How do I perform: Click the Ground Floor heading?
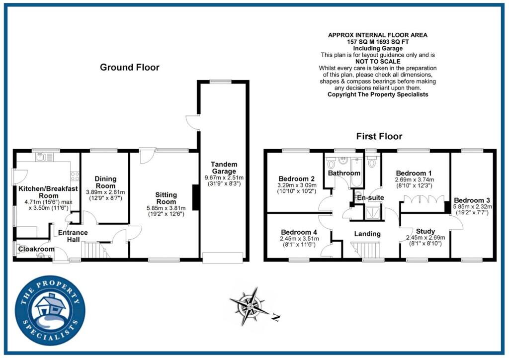130,67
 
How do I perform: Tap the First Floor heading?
379,136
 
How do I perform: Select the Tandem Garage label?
224,168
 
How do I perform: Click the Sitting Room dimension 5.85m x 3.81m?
166,208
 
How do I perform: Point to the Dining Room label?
105,182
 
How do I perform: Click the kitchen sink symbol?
44,157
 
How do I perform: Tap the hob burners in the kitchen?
75,176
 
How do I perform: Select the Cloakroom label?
36,249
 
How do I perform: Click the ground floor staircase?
94,250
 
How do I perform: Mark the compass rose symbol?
250,306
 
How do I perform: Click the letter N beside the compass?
276,317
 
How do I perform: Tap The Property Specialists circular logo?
50,310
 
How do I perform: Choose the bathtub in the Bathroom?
356,173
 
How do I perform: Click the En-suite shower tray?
372,213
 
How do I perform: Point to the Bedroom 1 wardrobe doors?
424,199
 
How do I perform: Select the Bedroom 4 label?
299,232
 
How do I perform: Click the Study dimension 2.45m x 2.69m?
425,238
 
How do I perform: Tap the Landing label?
367,234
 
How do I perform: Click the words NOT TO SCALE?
378,61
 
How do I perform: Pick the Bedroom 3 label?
472,200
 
